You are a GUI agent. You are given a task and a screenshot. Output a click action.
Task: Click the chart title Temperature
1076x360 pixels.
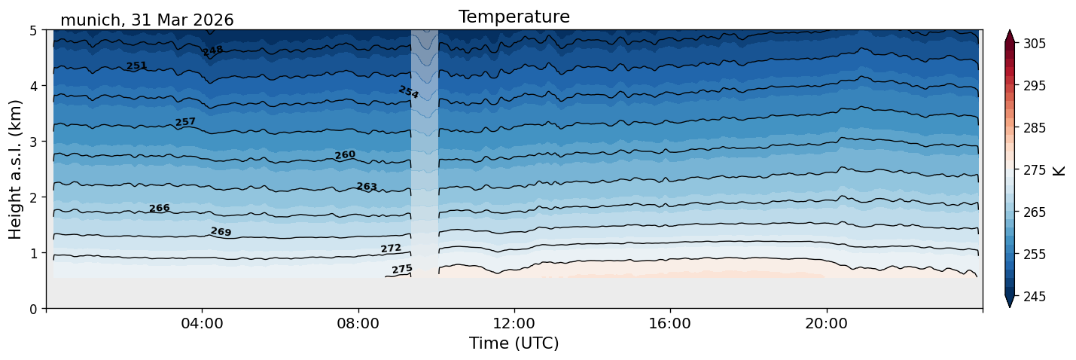514,17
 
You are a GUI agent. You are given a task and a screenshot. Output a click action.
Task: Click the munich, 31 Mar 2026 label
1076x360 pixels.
147,20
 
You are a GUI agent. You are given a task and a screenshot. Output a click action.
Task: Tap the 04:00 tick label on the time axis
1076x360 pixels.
203,323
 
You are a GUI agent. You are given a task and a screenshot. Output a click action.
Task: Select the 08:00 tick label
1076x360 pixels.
358,323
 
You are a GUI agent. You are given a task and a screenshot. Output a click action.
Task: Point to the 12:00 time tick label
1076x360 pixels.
514,323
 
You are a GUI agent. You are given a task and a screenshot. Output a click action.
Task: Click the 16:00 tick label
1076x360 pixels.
670,323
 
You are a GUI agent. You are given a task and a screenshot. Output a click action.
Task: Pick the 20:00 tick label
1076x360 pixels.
826,323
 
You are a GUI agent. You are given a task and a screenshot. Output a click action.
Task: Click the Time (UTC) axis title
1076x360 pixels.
514,343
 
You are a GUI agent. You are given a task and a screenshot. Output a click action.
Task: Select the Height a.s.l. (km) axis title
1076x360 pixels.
15,169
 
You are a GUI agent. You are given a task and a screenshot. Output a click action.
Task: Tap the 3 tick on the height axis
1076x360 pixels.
33,142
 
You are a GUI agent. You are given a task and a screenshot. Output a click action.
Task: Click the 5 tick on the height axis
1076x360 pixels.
33,31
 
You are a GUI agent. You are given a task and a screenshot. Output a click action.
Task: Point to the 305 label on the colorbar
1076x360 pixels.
1034,44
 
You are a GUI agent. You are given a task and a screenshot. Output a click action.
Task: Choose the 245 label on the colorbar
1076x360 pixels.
1034,297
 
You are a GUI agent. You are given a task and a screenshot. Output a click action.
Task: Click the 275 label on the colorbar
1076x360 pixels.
1034,171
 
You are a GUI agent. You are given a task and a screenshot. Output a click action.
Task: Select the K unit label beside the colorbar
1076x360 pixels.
1059,171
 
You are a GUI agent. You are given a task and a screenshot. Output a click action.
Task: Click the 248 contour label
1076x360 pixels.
213,51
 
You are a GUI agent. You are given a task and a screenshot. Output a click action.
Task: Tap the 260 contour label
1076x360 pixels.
345,154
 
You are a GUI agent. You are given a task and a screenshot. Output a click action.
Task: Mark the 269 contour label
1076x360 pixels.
221,232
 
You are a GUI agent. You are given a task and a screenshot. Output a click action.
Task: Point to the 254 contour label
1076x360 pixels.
409,92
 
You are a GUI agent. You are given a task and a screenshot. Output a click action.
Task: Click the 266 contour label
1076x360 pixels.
159,208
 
